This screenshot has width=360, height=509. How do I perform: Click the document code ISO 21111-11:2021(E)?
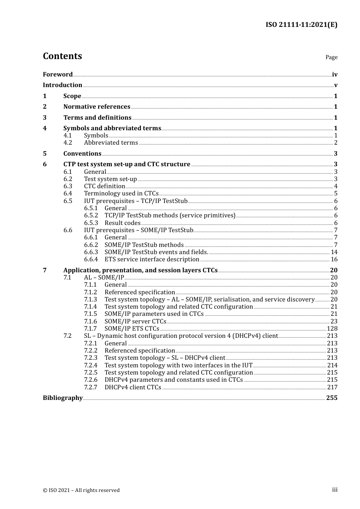pos(301,25)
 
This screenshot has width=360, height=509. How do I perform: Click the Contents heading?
pos(63,56)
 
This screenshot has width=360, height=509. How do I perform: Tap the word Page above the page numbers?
pos(331,57)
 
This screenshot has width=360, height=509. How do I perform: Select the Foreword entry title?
pos(58,75)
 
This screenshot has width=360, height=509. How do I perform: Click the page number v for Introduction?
pos(335,85)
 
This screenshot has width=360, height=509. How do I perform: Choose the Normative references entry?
pos(97,107)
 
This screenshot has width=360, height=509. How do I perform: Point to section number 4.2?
pos(68,143)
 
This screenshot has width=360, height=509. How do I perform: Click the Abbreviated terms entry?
pos(111,143)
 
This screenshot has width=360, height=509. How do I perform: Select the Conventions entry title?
pos(82,154)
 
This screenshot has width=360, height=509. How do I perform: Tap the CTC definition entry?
pos(105,186)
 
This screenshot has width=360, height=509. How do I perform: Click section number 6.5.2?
pos(91,215)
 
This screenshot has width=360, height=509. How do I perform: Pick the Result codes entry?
pos(122,223)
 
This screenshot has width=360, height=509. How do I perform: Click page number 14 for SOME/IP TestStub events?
pos(334,252)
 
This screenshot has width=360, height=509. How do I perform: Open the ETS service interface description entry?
pos(152,259)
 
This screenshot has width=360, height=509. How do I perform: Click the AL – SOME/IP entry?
pos(104,278)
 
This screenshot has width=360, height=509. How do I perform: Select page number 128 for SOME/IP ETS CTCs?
pos(332,329)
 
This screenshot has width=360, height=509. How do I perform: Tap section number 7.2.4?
pos(91,365)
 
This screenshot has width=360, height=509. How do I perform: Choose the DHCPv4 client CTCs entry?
pos(133,387)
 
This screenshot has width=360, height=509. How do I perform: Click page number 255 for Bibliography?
pos(332,398)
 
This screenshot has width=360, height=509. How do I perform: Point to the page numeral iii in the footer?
pos(335,490)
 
